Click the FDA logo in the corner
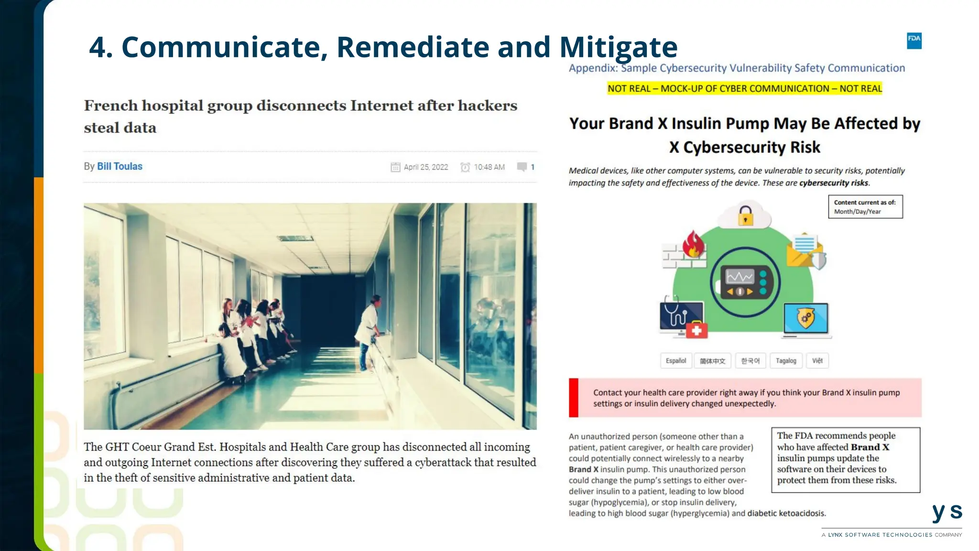pyautogui.click(x=914, y=41)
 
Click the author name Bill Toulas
pyautogui.click(x=120, y=166)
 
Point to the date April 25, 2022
pyautogui.click(x=425, y=167)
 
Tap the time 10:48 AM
pyautogui.click(x=489, y=167)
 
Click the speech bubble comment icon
pyautogui.click(x=522, y=167)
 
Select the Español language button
pyautogui.click(x=675, y=361)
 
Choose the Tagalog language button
pyautogui.click(x=786, y=361)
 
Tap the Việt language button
pyautogui.click(x=817, y=361)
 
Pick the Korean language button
pyautogui.click(x=750, y=361)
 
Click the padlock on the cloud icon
pyautogui.click(x=745, y=216)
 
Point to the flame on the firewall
pyautogui.click(x=693, y=244)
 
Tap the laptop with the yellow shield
pyautogui.click(x=806, y=319)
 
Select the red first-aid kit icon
pyautogui.click(x=696, y=330)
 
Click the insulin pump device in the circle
pyautogui.click(x=745, y=282)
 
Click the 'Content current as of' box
pyautogui.click(x=865, y=207)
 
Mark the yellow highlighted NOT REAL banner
pyautogui.click(x=744, y=88)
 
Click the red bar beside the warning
pyautogui.click(x=573, y=398)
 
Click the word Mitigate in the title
pyautogui.click(x=618, y=47)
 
